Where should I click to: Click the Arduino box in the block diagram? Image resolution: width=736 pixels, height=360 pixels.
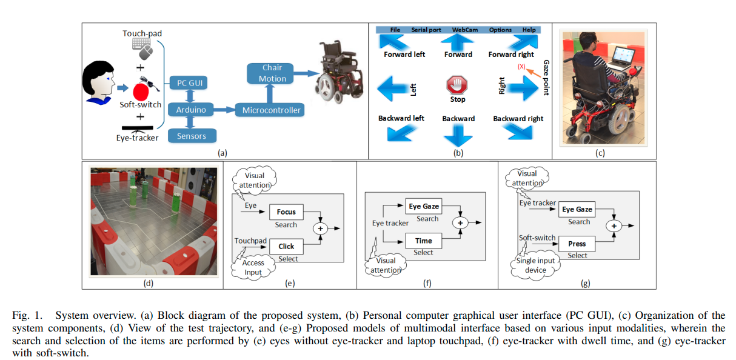pos(190,110)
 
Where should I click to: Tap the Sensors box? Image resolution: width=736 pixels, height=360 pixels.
pos(192,136)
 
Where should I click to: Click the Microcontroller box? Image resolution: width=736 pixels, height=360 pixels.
pos(272,110)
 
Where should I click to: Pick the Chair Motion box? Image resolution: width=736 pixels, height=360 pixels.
pos(272,73)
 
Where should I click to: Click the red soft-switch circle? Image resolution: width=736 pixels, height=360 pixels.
pos(141,92)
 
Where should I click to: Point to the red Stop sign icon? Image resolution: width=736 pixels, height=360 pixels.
pos(457,84)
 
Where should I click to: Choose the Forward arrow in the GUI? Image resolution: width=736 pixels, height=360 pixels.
pos(457,42)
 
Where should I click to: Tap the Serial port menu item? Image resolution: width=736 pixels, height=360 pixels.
pos(426,30)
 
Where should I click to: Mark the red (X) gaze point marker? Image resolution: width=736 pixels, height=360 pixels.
pos(521,67)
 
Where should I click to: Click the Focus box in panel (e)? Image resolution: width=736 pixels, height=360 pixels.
pos(286,212)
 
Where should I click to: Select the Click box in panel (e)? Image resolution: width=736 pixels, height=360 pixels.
pos(286,246)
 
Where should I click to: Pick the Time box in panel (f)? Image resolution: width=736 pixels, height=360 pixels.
pos(423,241)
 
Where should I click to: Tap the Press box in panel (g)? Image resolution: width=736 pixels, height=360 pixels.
pos(577,244)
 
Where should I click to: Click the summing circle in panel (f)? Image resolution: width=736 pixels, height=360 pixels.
pos(461,224)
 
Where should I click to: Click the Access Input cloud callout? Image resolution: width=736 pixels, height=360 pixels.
pos(253,267)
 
